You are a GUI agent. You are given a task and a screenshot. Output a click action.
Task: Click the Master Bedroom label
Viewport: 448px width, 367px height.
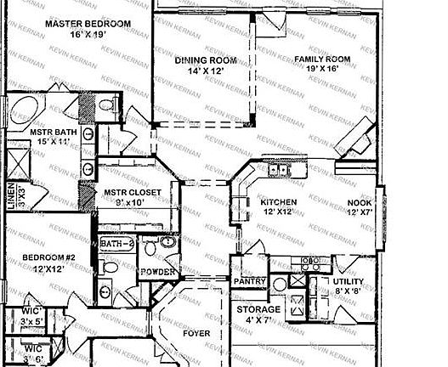[88, 24]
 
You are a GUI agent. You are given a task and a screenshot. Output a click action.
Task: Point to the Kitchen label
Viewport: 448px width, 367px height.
[278, 202]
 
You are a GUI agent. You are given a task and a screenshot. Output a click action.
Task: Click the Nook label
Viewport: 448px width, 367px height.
[359, 203]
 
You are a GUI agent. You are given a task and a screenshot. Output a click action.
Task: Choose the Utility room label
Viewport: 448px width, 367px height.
[349, 281]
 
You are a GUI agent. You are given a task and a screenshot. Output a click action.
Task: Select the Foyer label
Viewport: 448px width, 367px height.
[196, 334]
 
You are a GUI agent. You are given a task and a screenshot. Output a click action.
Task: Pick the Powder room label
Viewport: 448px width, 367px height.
[159, 272]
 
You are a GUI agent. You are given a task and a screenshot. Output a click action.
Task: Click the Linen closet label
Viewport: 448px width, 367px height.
[10, 191]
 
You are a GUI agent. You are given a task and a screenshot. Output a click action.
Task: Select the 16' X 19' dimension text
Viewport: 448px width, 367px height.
[88, 36]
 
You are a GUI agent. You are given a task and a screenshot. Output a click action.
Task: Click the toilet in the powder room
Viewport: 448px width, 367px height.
[151, 249]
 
